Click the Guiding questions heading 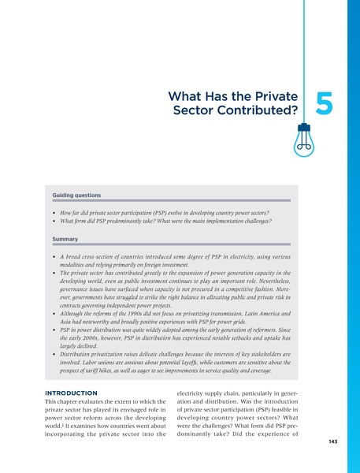76,194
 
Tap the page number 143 333,464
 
